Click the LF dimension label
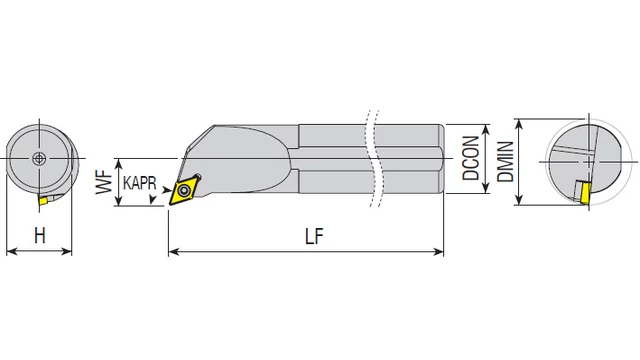click(314, 236)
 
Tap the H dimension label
click(40, 236)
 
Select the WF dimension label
click(104, 182)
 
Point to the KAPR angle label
click(140, 182)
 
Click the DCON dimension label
click(471, 158)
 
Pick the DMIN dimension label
click(505, 162)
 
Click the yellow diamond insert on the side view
click(185, 189)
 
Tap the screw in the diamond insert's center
click(185, 190)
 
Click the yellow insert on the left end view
click(43, 200)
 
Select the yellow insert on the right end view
click(585, 192)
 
